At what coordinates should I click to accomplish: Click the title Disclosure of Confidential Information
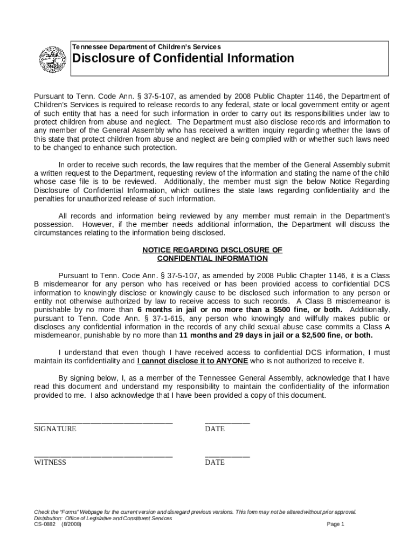(x=183, y=58)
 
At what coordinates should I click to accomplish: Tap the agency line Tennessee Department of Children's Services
(x=147, y=47)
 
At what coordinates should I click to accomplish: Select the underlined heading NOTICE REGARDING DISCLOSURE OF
(x=212, y=250)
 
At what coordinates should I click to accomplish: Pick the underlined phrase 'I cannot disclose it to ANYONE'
(x=192, y=361)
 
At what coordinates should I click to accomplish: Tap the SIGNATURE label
(x=55, y=429)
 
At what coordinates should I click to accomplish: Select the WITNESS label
(x=50, y=463)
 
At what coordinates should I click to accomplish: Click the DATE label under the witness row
(x=215, y=463)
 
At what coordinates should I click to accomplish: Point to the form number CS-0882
(x=45, y=525)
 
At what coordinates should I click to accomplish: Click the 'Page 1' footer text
(x=335, y=525)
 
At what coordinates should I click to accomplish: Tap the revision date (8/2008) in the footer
(x=72, y=525)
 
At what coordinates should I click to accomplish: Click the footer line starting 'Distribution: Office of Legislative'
(x=103, y=518)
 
